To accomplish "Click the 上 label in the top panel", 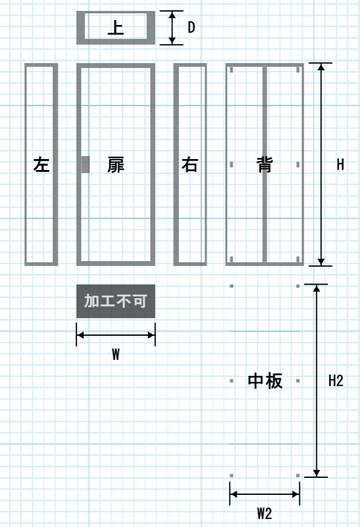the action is coord(115,27).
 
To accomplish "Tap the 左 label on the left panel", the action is coord(41,165).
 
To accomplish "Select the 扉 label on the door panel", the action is coord(115,165).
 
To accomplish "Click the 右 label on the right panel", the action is coord(190,165).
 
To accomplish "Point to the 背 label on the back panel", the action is coord(265,165).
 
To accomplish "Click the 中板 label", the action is coord(265,381).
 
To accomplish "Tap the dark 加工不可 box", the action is coord(115,301).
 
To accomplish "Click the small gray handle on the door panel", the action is coord(86,165).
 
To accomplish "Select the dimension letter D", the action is coord(191,27).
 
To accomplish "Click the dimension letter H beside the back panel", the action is coord(340,165).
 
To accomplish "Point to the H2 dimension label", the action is coord(336,381).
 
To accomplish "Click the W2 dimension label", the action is coord(265,514).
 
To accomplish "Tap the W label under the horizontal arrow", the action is coord(115,354).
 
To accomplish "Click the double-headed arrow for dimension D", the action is coord(172,27).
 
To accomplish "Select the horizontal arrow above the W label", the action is coord(115,335).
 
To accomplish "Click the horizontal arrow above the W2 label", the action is coord(265,494).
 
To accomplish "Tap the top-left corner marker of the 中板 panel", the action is coord(231,286).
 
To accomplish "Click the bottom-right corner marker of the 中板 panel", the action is coord(298,475).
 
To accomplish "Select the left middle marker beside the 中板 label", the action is coord(231,381).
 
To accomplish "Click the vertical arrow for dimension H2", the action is coord(316,381).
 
